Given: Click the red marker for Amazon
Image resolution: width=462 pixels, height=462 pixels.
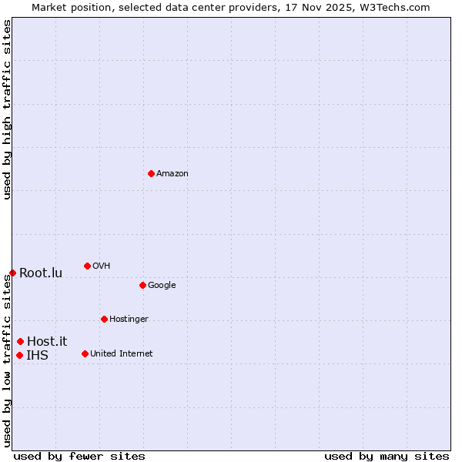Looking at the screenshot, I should [x=151, y=173].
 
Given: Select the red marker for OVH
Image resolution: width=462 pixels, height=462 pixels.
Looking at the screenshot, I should [x=87, y=266].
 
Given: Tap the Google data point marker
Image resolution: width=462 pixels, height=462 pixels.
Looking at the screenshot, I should [x=142, y=285].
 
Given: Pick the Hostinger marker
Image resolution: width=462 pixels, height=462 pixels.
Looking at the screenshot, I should [x=104, y=319].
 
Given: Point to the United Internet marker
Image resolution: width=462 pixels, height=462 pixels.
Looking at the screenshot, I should [x=85, y=353].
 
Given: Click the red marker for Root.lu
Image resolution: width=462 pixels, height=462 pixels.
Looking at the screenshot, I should [x=12, y=273].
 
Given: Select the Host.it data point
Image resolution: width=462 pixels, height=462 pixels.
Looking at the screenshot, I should [x=20, y=341].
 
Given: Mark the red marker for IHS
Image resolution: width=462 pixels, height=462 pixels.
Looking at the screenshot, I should [x=19, y=355].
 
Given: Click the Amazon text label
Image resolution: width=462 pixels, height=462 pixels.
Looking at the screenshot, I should [x=172, y=174].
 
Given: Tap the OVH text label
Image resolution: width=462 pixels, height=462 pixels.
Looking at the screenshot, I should [x=102, y=266].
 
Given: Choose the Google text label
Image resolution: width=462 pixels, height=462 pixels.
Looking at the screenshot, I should [x=162, y=286].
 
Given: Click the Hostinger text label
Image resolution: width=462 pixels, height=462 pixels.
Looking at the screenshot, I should [x=129, y=320].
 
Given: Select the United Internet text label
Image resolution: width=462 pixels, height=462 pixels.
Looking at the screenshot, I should [x=122, y=354].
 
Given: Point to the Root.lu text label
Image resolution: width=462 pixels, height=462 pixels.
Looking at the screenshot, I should [x=41, y=273].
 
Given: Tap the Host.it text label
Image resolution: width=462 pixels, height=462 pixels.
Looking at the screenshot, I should [x=47, y=342].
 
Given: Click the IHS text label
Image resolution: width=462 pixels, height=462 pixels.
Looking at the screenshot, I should [x=37, y=356].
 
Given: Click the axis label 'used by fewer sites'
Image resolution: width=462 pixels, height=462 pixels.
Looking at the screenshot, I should [x=79, y=456].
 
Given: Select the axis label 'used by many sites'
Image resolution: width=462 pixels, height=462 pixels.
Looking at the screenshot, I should [x=387, y=456].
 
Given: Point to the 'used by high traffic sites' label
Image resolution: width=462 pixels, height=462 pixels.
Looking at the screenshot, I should [x=7, y=109].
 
